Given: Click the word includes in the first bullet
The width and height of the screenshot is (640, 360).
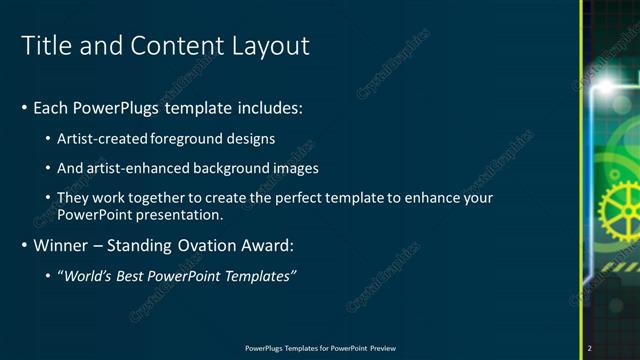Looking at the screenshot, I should (x=269, y=107).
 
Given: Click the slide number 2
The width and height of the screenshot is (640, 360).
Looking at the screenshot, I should (x=590, y=348).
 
